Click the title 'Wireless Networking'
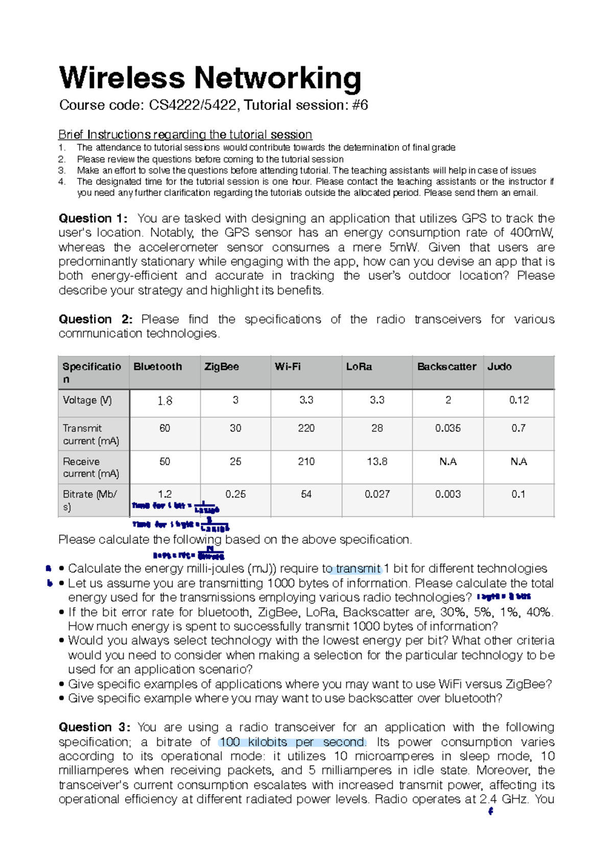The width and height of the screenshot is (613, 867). [x=210, y=78]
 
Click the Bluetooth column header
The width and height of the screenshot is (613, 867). [x=157, y=367]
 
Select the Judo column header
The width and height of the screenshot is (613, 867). [x=499, y=367]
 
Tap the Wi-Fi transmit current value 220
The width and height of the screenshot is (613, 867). [x=306, y=428]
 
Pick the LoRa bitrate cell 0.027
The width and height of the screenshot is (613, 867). [x=377, y=494]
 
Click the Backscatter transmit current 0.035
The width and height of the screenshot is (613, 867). [x=447, y=428]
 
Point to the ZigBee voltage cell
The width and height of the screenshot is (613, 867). [x=235, y=400]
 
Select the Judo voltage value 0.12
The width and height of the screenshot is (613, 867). [x=518, y=400]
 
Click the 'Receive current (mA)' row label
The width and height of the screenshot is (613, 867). [x=91, y=467]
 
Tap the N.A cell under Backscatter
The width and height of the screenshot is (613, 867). [x=447, y=461]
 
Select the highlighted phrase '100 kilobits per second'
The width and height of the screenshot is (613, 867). [x=292, y=742]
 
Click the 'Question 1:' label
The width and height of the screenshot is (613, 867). [x=92, y=218]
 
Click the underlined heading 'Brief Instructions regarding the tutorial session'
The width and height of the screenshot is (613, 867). [x=185, y=134]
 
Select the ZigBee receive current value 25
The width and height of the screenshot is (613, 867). [x=235, y=461]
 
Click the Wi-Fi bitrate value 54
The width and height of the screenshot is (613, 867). [x=306, y=494]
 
